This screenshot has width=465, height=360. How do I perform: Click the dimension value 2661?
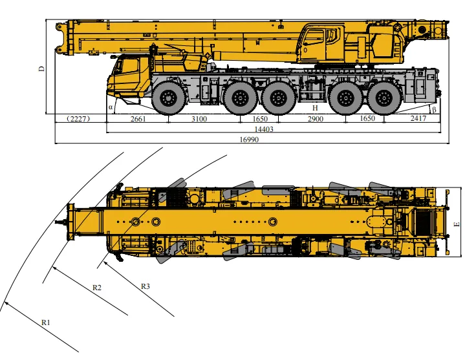138,119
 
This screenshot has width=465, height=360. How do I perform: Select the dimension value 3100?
199,119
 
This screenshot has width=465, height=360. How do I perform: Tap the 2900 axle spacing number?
315,119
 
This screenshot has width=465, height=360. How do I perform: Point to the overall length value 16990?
249,140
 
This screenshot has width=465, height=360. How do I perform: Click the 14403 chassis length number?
264,129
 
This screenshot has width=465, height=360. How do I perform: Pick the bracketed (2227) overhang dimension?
78,119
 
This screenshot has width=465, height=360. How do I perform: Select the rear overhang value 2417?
418,118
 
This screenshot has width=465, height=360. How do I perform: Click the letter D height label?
41,69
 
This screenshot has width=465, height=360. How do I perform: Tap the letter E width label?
457,224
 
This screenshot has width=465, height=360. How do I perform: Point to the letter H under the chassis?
315,108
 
